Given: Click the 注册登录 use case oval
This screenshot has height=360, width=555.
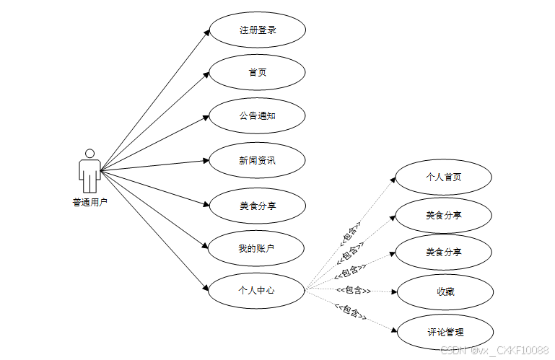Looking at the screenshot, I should click(x=257, y=30).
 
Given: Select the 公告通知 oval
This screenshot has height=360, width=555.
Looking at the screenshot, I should click(x=257, y=116).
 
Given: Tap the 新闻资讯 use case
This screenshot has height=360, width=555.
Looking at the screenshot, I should click(x=257, y=160).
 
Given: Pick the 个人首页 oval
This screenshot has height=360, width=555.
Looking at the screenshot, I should click(x=443, y=177).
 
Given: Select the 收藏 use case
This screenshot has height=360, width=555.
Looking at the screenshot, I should click(x=445, y=291).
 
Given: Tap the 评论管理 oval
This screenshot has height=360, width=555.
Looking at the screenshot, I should click(x=445, y=333).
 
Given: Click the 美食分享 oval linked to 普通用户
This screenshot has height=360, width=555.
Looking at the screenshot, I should click(x=257, y=206).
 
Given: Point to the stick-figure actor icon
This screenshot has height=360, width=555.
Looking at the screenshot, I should click(x=89, y=172).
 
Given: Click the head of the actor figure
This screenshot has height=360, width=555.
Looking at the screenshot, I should click(x=89, y=154).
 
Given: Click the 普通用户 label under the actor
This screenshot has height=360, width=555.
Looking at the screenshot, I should click(x=89, y=203).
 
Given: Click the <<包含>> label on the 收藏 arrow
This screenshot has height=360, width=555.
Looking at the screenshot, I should click(x=354, y=290).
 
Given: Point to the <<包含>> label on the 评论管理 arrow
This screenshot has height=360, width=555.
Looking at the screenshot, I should click(x=350, y=312).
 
